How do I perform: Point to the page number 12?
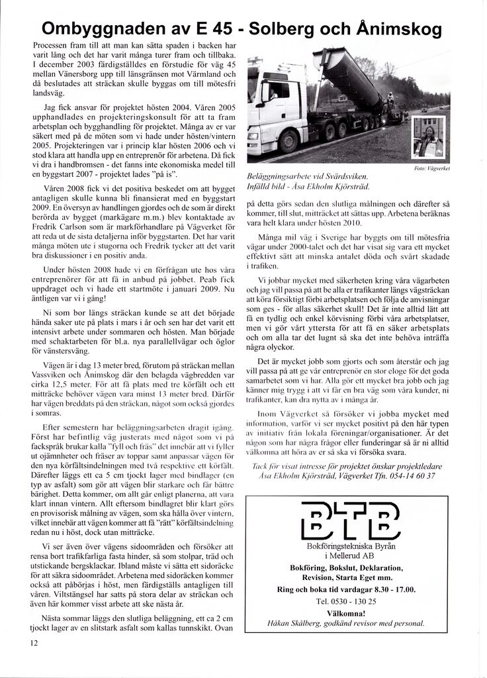tap(33, 642)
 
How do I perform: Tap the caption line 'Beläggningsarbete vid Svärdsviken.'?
tap(306, 177)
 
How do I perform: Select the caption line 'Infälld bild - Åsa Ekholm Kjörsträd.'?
tap(306, 188)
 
